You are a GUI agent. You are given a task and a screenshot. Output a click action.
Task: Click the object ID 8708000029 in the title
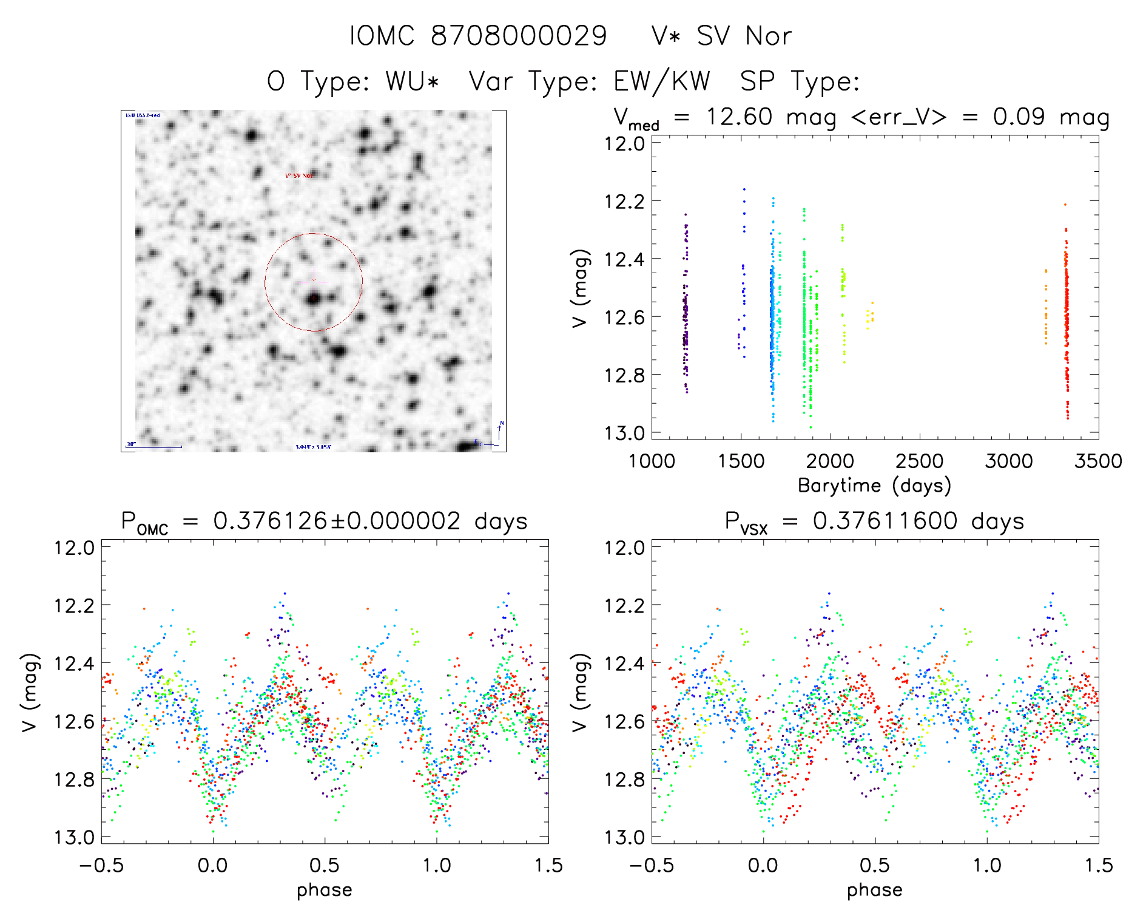pyautogui.click(x=519, y=36)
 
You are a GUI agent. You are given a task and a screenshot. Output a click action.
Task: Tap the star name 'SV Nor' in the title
pyautogui.click(x=744, y=36)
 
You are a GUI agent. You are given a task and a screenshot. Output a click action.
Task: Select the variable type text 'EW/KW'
pyautogui.click(x=662, y=81)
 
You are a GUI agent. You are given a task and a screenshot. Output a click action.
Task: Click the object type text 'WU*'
pyautogui.click(x=412, y=81)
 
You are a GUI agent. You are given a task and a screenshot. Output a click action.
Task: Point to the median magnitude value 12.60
pyautogui.click(x=740, y=117)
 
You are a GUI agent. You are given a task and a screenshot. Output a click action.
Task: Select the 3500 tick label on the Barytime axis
pyautogui.click(x=1097, y=461)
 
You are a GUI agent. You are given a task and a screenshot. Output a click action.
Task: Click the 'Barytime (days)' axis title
pyautogui.click(x=874, y=486)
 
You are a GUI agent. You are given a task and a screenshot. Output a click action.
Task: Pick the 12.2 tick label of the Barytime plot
pyautogui.click(x=624, y=201)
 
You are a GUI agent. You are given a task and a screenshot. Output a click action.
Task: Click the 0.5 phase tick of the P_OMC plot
pyautogui.click(x=325, y=865)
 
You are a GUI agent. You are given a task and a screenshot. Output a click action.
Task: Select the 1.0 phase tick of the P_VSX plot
pyautogui.click(x=987, y=865)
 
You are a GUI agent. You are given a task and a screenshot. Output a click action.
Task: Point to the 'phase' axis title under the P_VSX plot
pyautogui.click(x=874, y=890)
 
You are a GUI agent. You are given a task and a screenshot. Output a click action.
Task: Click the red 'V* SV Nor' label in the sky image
pyautogui.click(x=299, y=175)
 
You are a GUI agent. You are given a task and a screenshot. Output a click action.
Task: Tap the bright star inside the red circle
pyautogui.click(x=314, y=299)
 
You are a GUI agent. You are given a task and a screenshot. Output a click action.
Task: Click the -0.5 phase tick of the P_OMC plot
pyautogui.click(x=101, y=865)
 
